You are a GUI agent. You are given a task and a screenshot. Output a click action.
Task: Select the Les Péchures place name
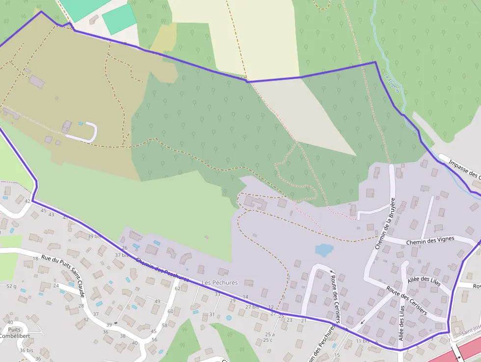pyautogui.click(x=219, y=283)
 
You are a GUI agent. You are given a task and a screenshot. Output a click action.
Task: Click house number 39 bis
pyautogui.click(x=94, y=236)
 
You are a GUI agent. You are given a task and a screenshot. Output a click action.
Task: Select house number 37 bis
pyautogui.click(x=122, y=255)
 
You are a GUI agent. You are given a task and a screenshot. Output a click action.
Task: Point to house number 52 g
pyautogui.click(x=11, y=286)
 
